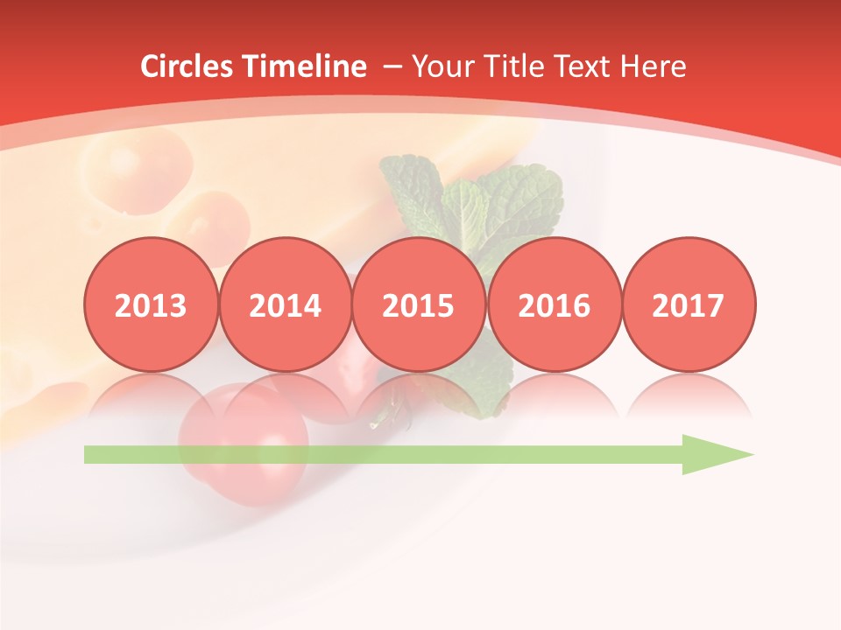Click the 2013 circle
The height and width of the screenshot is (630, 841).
pos(151,304)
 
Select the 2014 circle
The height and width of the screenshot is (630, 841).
pos(285,304)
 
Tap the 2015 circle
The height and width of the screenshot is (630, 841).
pos(419,304)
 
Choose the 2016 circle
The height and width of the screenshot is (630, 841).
pos(554,304)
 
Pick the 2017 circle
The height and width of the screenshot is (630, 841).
pos(688,304)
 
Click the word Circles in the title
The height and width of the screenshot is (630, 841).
pos(188,66)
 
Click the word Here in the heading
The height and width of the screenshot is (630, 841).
pos(654,66)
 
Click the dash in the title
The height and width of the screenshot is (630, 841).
pos(392,67)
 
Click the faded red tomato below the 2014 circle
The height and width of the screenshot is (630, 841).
pos(245,442)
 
